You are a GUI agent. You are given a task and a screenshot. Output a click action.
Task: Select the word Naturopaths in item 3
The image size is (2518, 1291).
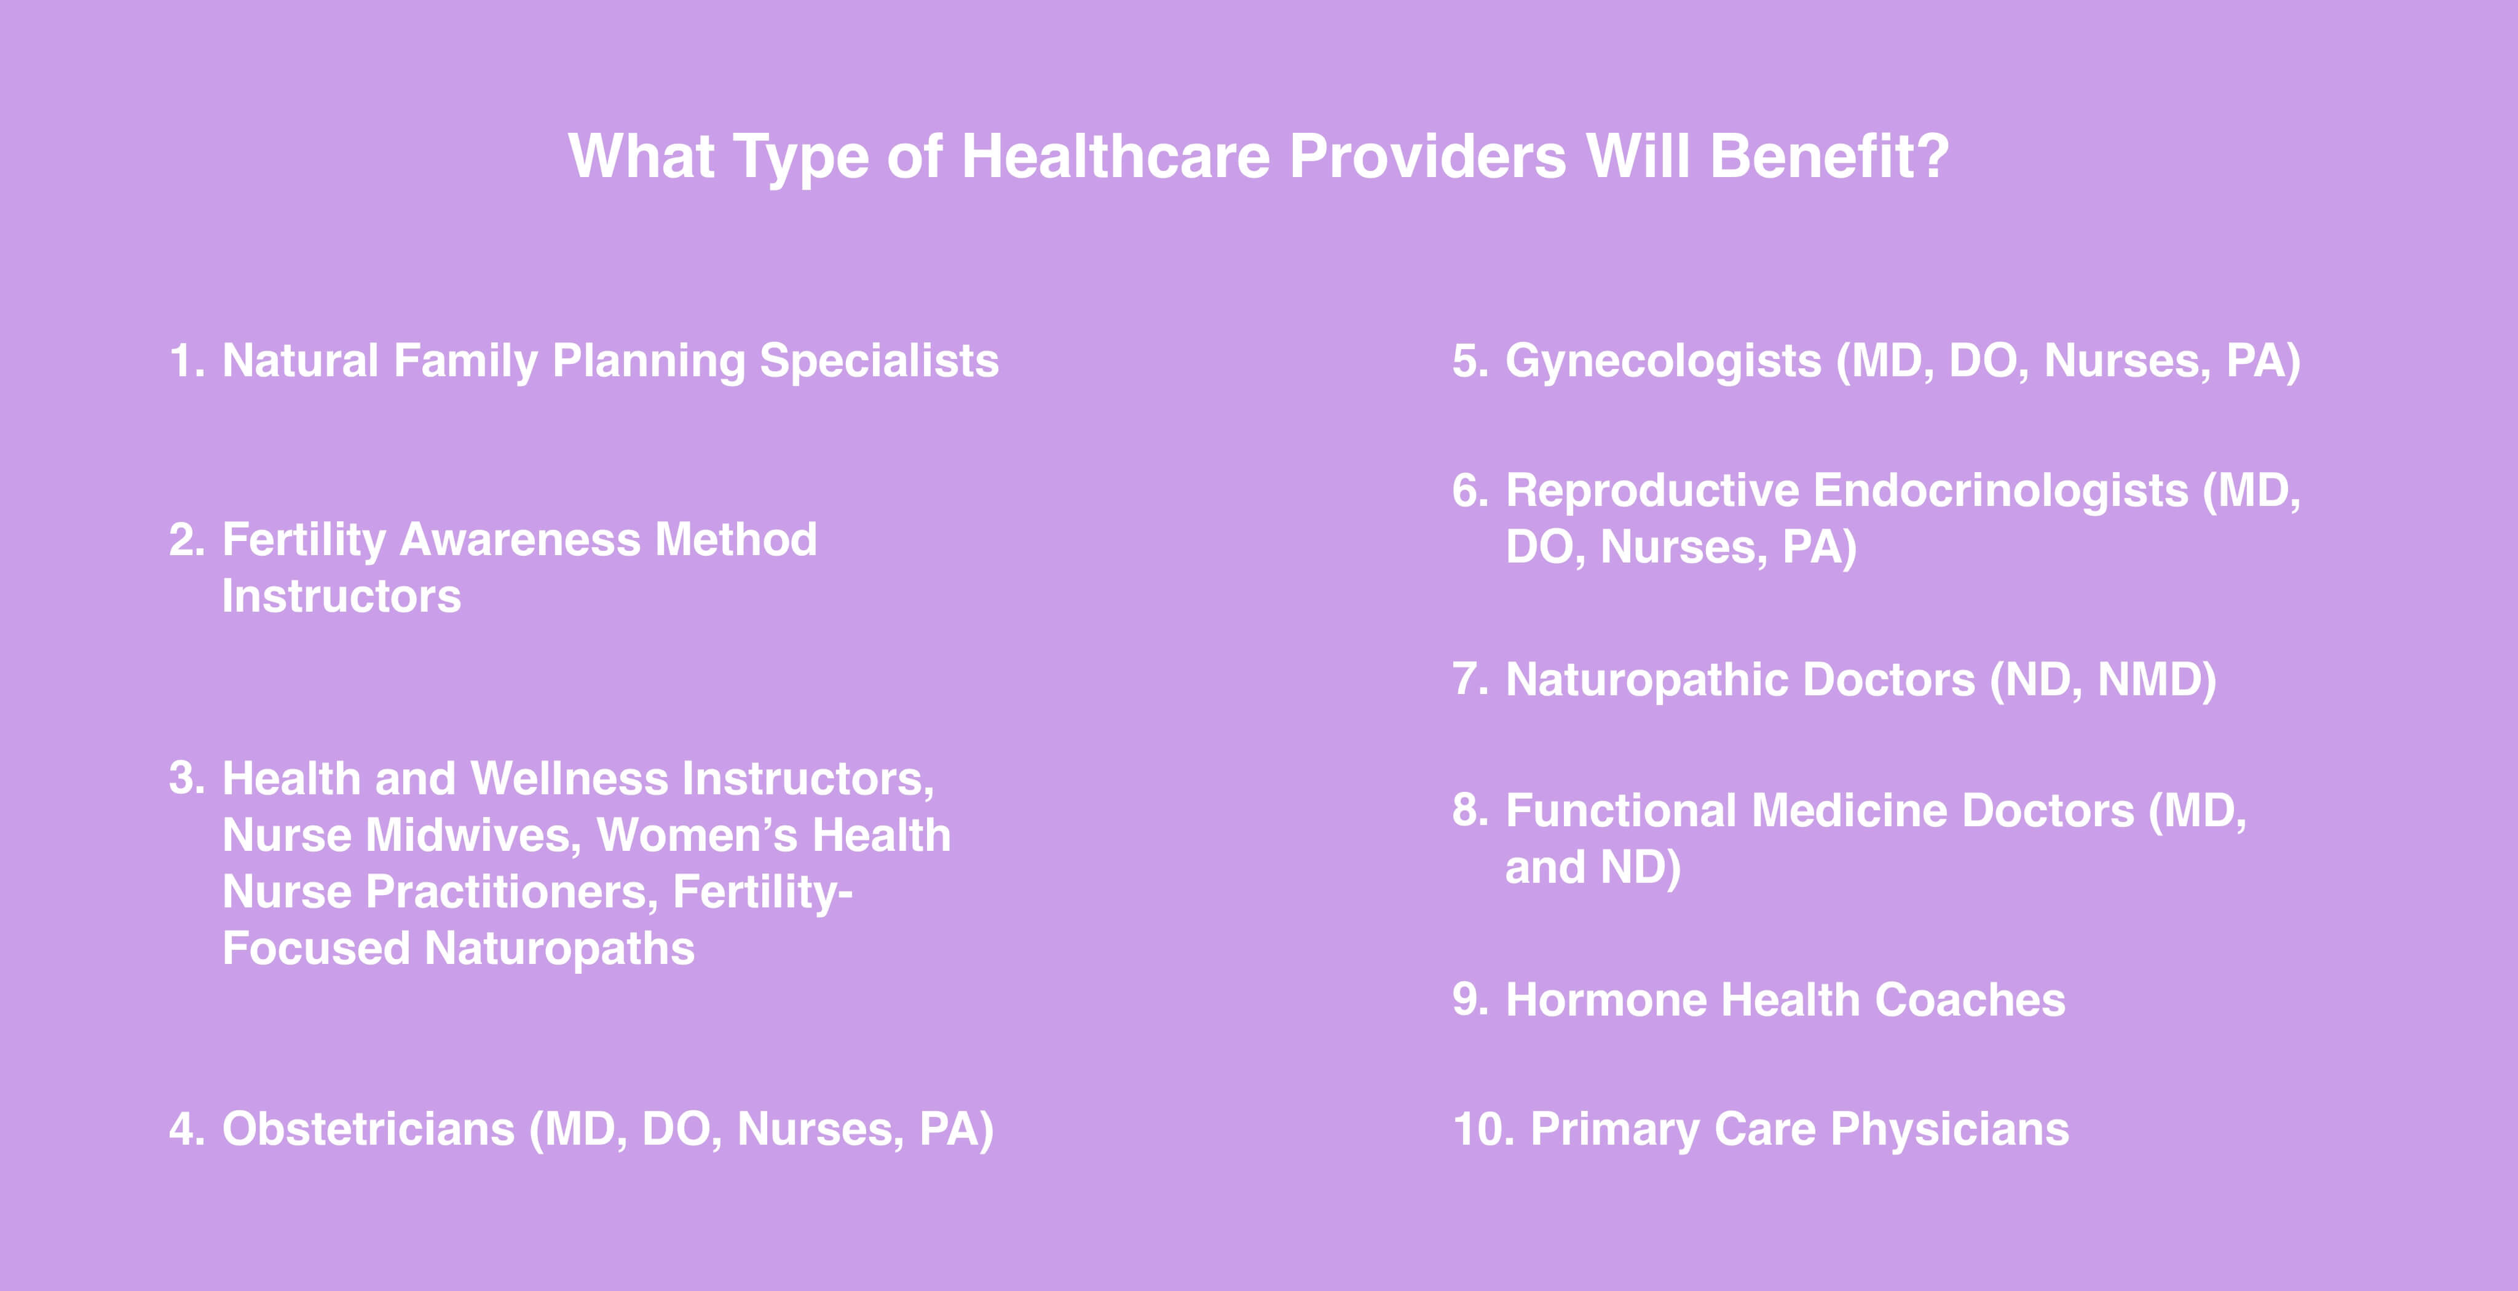coord(559,949)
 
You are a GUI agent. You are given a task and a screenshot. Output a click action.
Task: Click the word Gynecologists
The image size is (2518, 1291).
coord(1664,361)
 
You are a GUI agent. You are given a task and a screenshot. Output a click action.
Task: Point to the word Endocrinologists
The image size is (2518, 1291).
coord(2001,491)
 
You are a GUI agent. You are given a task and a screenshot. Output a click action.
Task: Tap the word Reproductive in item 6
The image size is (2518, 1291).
coord(1652,491)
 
